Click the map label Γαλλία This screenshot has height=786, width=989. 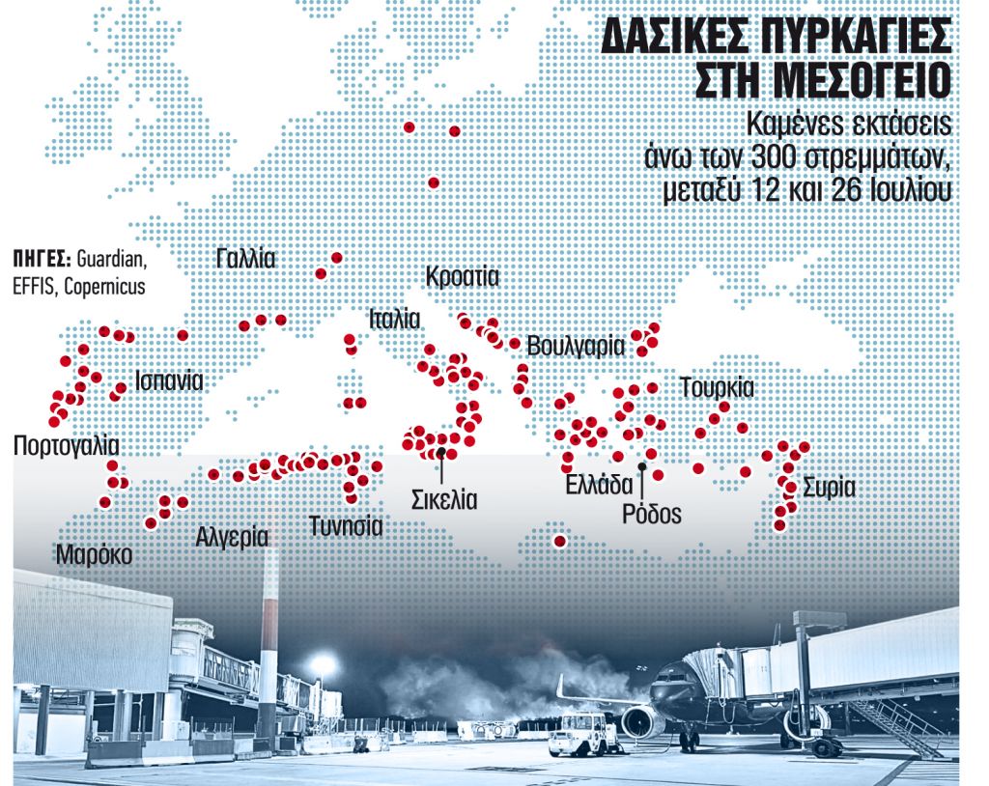coord(246,259)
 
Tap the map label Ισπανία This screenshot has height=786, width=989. coord(169,379)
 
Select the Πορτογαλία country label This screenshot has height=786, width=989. coord(66,446)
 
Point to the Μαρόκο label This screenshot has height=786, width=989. coord(94,555)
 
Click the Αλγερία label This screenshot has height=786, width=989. coord(232,536)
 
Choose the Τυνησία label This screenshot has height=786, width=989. coord(346,526)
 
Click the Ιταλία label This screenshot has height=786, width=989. coord(393,319)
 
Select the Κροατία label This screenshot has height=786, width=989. coord(462,277)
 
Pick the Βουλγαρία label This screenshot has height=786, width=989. coord(576,347)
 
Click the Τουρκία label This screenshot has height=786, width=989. coord(716,388)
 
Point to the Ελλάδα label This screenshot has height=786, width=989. coord(599,485)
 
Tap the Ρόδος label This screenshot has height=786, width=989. coord(652,514)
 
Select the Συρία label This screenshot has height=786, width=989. coord(828,487)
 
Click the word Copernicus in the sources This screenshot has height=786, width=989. coord(104,287)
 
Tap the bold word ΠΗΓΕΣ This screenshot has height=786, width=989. coord(42,259)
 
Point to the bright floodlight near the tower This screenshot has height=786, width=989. coord(323,665)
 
